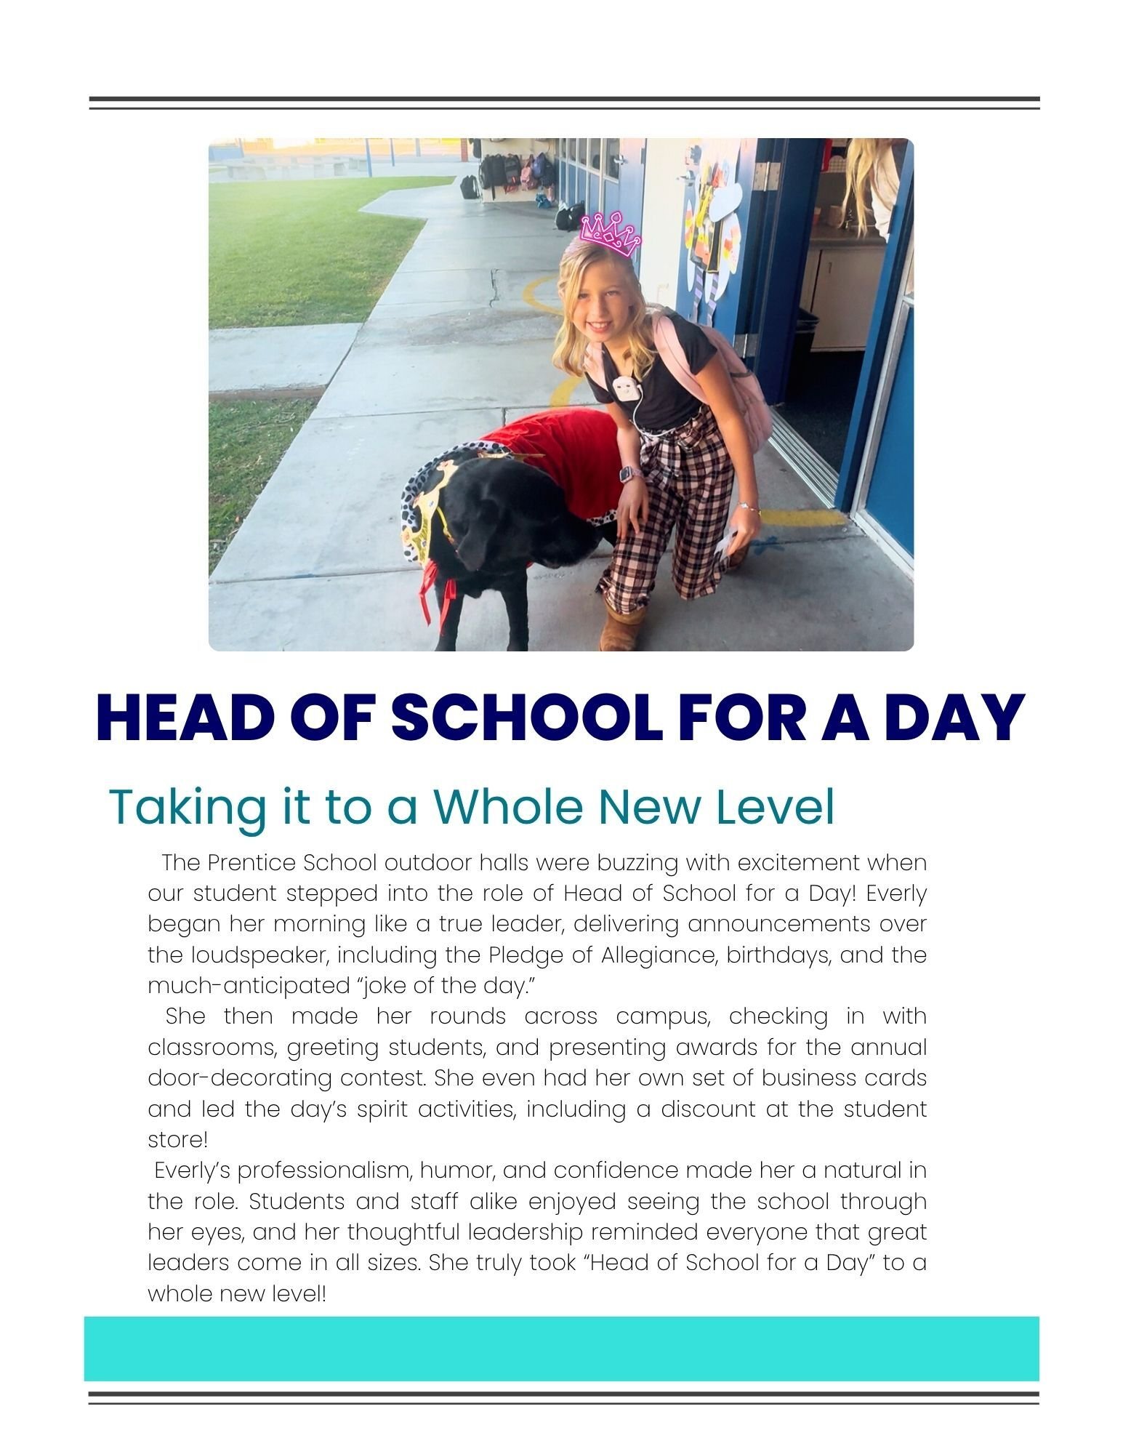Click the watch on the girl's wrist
(627, 474)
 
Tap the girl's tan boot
(623, 631)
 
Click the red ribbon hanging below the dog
(436, 596)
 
